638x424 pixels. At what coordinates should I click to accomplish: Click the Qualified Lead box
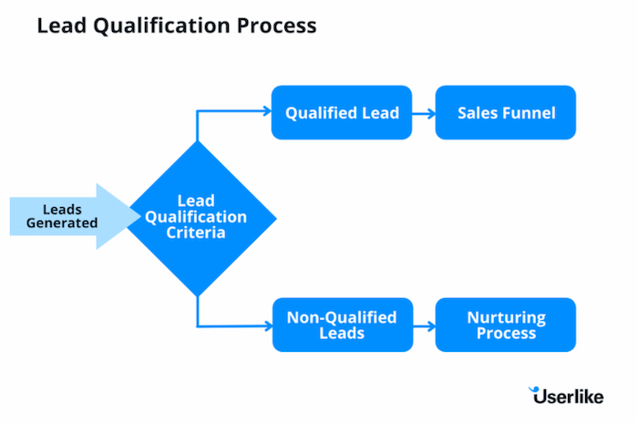[342, 112]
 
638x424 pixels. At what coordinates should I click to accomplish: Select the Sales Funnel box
[506, 112]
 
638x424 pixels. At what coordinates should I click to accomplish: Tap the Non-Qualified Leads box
[342, 325]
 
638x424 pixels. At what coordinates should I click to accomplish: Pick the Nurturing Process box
[506, 325]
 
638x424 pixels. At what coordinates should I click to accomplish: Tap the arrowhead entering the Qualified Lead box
[267, 112]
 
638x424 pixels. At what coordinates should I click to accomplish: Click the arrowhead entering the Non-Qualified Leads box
[267, 325]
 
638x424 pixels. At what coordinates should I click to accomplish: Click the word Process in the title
[279, 26]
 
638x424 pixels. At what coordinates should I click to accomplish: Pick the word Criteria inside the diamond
[199, 233]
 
